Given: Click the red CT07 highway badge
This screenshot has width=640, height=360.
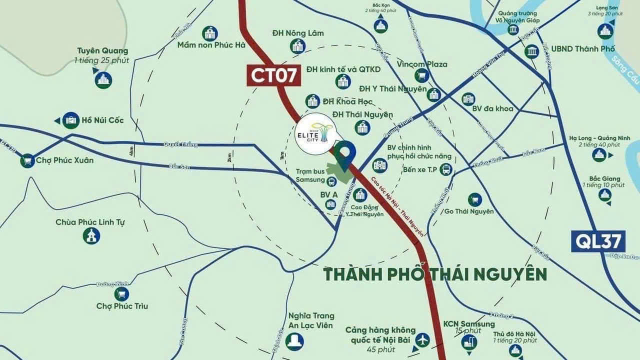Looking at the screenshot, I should [274, 75].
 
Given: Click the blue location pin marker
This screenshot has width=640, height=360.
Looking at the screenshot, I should [344, 153].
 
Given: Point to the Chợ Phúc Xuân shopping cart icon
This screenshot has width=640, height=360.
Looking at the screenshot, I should [27, 160].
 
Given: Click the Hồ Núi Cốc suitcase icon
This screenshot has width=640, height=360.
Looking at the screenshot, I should [71, 120].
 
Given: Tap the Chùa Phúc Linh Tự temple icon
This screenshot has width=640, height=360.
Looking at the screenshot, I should [91, 235].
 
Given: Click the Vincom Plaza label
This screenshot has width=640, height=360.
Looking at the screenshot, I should [422, 64].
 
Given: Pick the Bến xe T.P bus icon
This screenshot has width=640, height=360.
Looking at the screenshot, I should [445, 170].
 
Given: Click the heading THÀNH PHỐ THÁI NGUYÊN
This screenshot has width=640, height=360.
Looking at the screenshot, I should [434, 274].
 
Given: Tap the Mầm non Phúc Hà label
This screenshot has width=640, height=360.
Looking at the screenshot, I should [211, 45].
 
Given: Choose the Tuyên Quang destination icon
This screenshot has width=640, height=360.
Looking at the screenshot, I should [103, 80].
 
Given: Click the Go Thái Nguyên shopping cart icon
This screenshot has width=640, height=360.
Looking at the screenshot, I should [474, 199].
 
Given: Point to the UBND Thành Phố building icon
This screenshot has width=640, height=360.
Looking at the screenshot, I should [532, 51].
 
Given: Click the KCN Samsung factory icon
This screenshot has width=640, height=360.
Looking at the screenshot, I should [469, 342].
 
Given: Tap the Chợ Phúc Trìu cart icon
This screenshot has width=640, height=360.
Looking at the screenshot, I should [121, 294].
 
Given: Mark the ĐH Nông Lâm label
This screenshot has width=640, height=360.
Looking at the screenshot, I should [297, 33].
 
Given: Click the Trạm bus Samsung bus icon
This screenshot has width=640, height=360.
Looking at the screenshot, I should [331, 180].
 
